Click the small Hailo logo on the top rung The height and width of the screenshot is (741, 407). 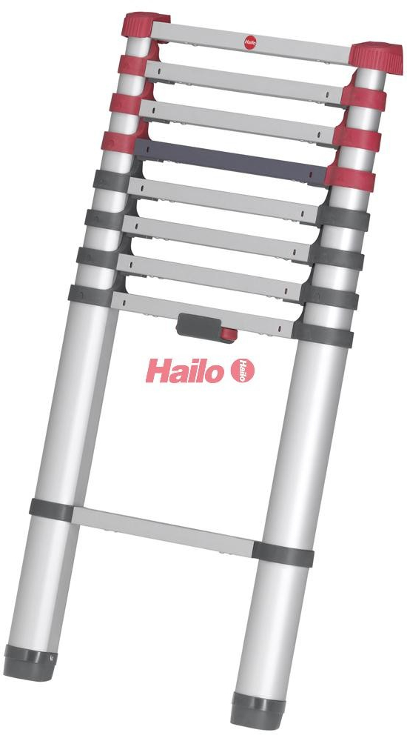click(x=250, y=41)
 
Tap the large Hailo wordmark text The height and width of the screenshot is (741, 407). click(x=184, y=371)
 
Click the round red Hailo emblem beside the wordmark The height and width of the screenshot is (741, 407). click(x=243, y=370)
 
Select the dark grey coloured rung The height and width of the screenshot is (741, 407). click(x=232, y=162)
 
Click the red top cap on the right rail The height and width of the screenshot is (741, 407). click(x=376, y=57)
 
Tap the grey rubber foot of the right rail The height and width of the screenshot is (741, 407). click(x=258, y=711)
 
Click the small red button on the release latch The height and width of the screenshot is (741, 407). click(x=229, y=335)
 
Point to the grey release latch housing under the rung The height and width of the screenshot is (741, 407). click(x=200, y=327)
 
